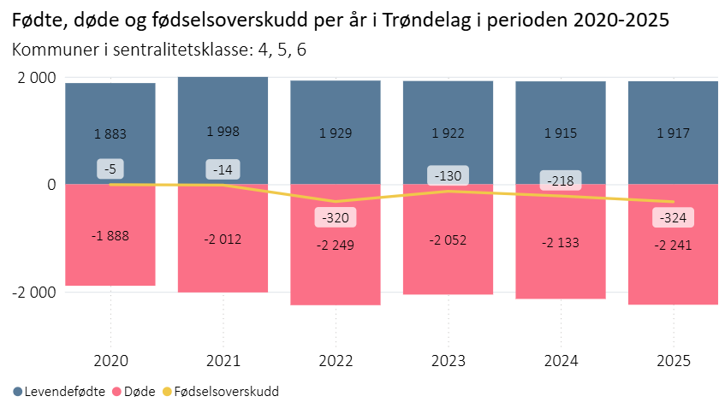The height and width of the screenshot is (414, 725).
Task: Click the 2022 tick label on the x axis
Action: tap(336, 360)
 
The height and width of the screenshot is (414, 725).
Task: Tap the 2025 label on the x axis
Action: tap(673, 360)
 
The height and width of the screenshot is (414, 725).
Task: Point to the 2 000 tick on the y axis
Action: tap(37, 78)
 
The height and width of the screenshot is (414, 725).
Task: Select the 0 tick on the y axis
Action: tap(51, 185)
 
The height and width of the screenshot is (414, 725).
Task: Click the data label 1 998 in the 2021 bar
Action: tap(223, 132)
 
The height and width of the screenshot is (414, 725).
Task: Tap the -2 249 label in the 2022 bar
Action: tap(336, 245)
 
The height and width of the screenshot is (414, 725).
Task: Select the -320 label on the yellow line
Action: tap(336, 217)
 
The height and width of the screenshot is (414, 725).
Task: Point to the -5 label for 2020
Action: tap(110, 169)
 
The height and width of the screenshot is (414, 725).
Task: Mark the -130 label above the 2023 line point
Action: tap(448, 176)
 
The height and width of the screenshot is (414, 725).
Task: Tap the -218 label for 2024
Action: tap(561, 180)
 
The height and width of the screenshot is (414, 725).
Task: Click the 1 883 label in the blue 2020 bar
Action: tap(110, 133)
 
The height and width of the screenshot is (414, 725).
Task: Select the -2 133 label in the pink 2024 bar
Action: tap(561, 243)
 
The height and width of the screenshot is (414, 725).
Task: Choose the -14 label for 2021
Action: tap(223, 169)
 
